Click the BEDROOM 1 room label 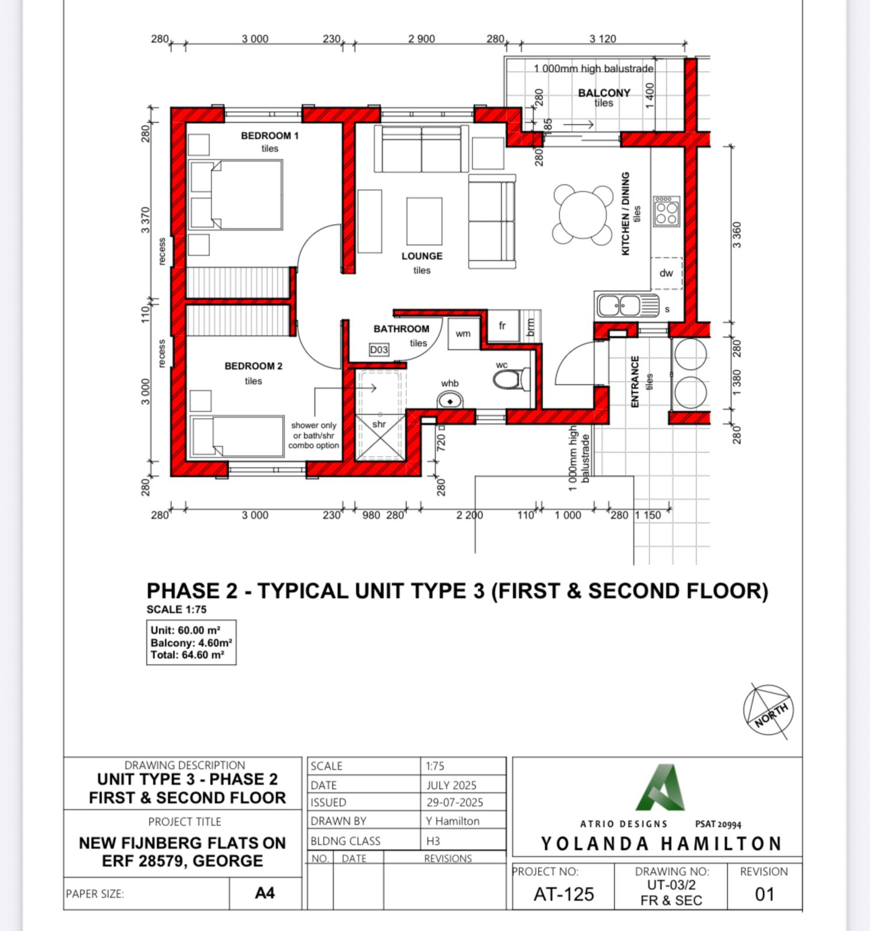click(x=270, y=136)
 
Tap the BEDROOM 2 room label click(x=253, y=366)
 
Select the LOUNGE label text click(x=422, y=256)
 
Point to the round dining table click(x=583, y=214)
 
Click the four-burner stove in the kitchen click(x=666, y=211)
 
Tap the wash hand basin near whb click(x=450, y=400)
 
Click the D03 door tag click(x=379, y=350)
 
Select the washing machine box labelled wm click(x=464, y=333)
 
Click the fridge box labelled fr click(x=503, y=326)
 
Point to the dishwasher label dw click(x=666, y=273)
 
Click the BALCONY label click(x=604, y=93)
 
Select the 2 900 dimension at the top click(x=422, y=39)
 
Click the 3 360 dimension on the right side click(x=737, y=235)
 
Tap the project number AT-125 click(x=564, y=894)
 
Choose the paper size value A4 click(x=265, y=893)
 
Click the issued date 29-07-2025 click(x=455, y=802)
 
